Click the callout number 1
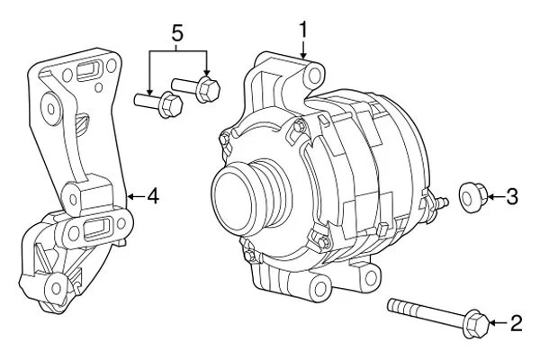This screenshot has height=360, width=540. point(303,29)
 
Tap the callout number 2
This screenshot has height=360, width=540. point(516,321)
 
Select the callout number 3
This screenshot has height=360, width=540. point(511,195)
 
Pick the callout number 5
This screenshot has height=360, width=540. point(177,34)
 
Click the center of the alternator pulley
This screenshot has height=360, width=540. point(241,192)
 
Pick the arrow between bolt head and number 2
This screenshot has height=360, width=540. point(500,321)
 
